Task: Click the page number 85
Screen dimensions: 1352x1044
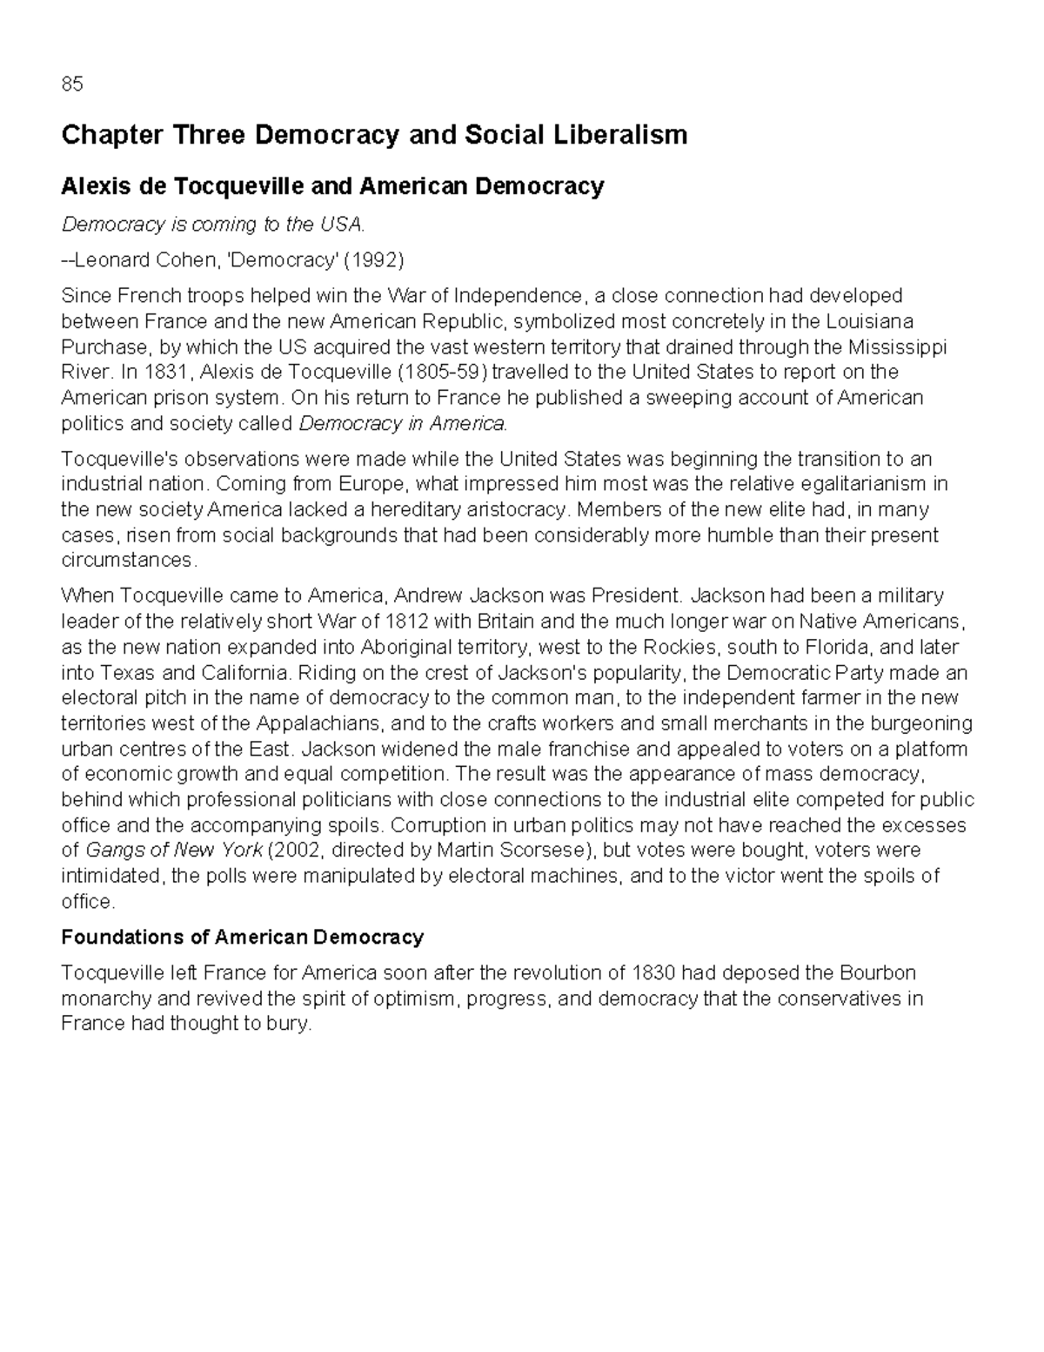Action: [x=72, y=84]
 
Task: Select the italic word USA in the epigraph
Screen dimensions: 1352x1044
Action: [x=343, y=225]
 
